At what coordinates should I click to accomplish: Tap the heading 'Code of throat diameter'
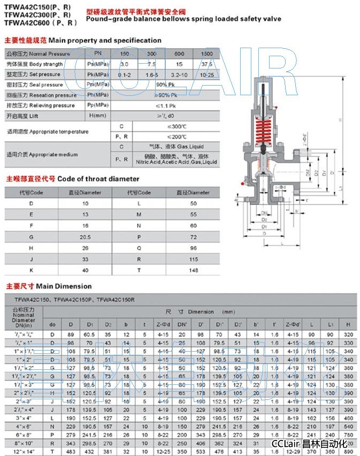pyautogui.click(x=98, y=179)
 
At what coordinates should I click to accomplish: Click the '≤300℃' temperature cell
pyautogui.click(x=176, y=126)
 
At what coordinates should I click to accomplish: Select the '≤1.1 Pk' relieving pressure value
pyautogui.click(x=164, y=105)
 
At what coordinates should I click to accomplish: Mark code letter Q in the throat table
pyautogui.click(x=138, y=248)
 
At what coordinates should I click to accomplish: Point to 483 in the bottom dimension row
pyautogui.click(x=71, y=452)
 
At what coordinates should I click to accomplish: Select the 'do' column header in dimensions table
pyautogui.click(x=52, y=324)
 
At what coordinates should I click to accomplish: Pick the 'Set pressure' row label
pyautogui.click(x=41, y=74)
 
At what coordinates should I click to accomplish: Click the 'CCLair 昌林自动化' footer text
pyautogui.click(x=309, y=444)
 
